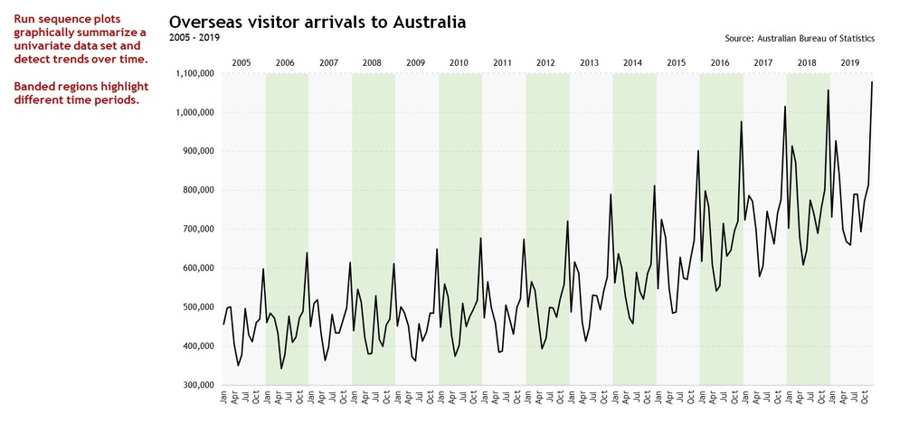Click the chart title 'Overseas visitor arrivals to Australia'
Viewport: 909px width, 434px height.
point(317,22)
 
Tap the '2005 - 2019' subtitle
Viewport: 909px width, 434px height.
point(194,37)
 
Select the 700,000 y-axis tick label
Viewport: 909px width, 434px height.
point(196,230)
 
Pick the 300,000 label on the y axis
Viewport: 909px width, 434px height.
point(196,385)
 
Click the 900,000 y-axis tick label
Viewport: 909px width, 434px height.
point(196,152)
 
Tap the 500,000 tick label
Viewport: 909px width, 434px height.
point(196,307)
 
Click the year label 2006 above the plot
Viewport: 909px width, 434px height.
point(285,63)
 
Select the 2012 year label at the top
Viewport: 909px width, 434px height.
point(545,63)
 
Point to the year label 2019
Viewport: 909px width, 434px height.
point(849,63)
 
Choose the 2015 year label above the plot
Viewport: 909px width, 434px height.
point(676,63)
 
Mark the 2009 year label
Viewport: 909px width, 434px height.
point(415,63)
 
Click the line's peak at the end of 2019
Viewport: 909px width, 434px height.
point(872,82)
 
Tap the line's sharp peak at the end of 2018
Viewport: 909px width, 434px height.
point(829,90)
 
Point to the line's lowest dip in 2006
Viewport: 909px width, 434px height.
point(281,369)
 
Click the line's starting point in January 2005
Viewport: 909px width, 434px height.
point(223,324)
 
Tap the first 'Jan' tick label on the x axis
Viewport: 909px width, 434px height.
point(223,397)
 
